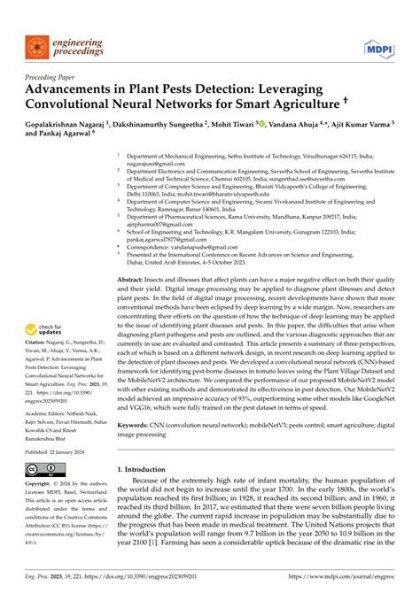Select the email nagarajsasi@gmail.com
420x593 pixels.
coord(155,163)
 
